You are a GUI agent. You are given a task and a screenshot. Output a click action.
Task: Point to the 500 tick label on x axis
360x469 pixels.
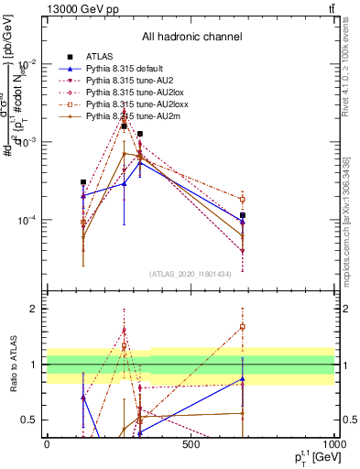coord(191,444)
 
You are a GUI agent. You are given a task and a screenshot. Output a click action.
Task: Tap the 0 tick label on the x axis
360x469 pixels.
coord(47,444)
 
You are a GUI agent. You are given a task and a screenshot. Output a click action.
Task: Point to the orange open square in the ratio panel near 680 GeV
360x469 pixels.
coord(243,326)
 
